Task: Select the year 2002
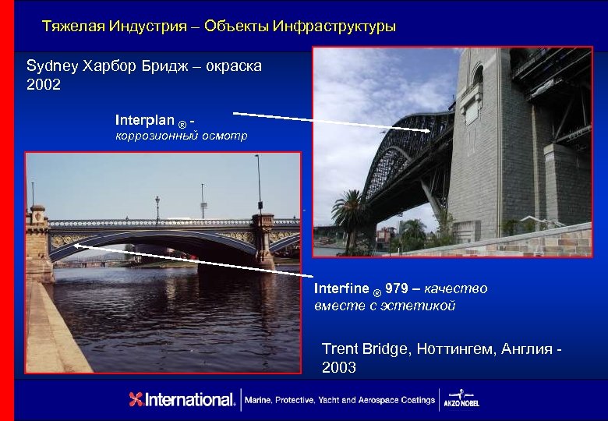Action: click(44, 84)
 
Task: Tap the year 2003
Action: click(339, 367)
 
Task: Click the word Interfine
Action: click(341, 289)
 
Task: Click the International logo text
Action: click(191, 400)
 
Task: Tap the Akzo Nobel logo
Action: click(466, 398)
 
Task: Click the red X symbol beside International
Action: click(136, 400)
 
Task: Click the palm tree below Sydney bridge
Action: click(348, 214)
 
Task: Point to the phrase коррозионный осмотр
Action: click(182, 136)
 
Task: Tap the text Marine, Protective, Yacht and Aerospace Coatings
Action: click(339, 400)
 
